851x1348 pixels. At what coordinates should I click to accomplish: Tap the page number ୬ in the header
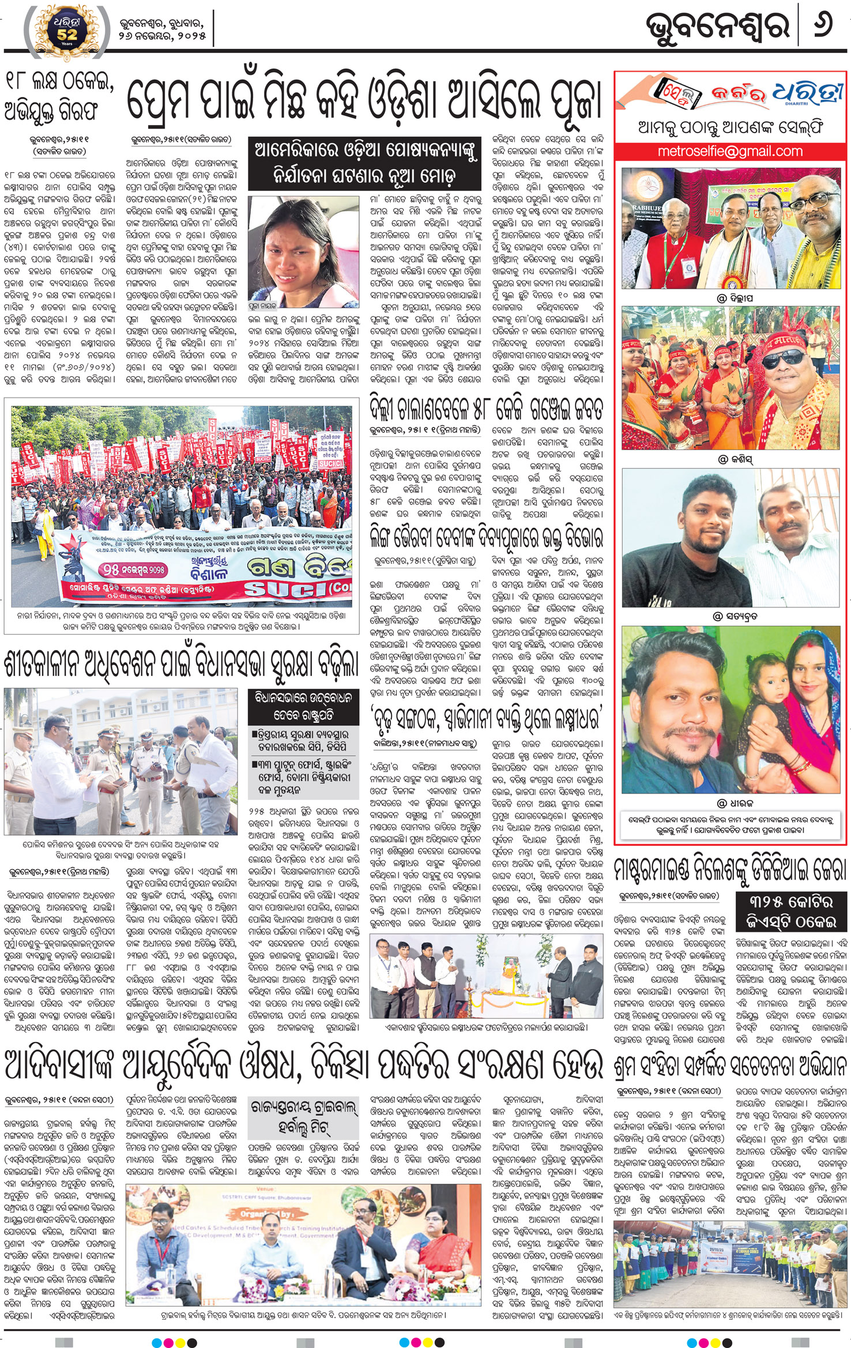[x=822, y=27]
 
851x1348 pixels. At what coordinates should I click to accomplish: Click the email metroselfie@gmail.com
[x=730, y=152]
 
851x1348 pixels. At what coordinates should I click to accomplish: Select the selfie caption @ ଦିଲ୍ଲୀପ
[x=735, y=297]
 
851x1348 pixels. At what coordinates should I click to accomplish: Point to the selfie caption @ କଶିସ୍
[x=735, y=459]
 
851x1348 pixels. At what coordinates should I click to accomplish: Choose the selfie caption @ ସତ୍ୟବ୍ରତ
[x=735, y=616]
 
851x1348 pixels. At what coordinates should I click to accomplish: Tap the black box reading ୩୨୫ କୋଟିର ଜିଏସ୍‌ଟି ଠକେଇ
[x=791, y=911]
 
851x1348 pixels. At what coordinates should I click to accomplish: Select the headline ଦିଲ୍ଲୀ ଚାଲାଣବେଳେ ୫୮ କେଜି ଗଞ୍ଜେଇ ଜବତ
[x=486, y=410]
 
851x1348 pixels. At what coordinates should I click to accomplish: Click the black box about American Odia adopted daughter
[x=364, y=164]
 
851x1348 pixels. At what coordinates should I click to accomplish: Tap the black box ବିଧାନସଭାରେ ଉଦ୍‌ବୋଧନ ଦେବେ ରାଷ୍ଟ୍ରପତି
[x=303, y=707]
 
